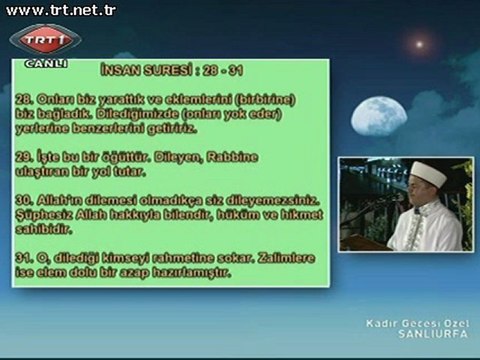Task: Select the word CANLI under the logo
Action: click(45, 63)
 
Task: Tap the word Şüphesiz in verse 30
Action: click(45, 214)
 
